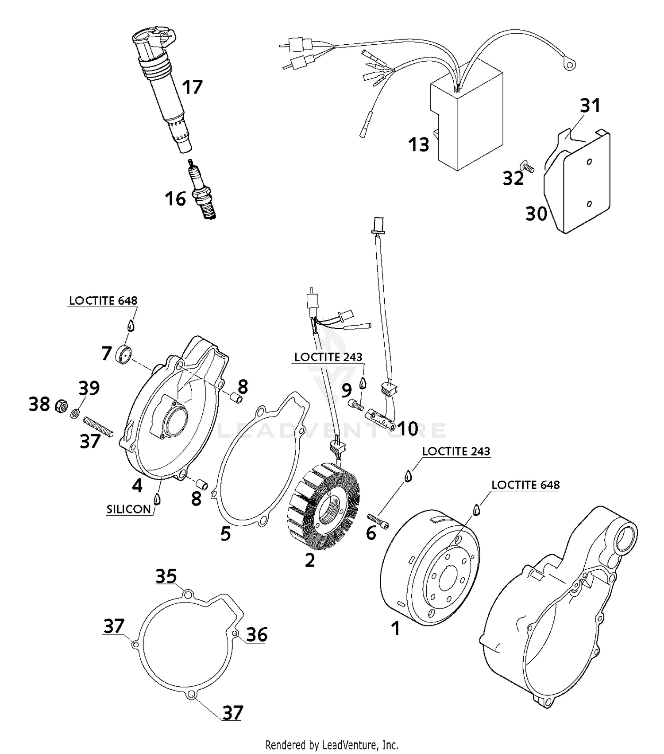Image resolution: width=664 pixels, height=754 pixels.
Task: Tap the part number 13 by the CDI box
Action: [418, 144]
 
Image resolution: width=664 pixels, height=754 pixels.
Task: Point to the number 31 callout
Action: [590, 105]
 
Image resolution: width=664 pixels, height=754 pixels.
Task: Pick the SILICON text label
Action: [129, 509]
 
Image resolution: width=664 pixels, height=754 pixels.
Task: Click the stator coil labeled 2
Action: [323, 505]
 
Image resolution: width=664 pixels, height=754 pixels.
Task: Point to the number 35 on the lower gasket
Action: [166, 576]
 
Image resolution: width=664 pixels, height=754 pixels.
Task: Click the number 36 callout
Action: [257, 634]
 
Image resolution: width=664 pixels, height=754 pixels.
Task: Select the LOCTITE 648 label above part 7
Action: [103, 300]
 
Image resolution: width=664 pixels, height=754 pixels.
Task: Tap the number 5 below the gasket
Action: [225, 534]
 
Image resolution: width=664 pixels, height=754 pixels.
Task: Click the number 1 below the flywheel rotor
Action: [395, 628]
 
